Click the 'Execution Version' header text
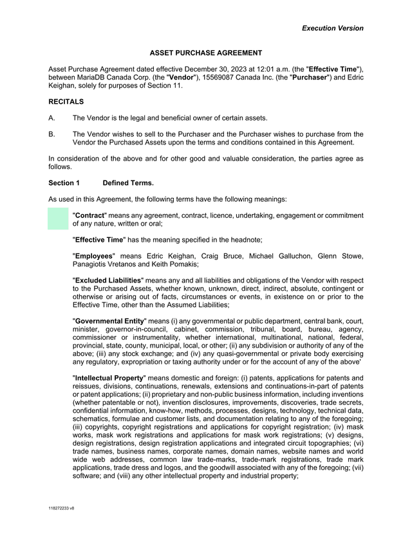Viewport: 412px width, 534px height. (333, 28)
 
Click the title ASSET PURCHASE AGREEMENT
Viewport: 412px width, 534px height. (206, 53)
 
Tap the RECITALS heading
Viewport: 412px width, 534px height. (66, 101)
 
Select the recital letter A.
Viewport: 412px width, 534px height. (51, 118)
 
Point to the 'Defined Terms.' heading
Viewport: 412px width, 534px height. (128, 183)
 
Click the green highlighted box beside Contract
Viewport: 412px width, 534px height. (58, 219)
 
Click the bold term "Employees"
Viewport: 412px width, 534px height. (93, 256)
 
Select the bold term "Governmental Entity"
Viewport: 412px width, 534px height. (109, 321)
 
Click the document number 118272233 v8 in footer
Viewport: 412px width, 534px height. (61, 509)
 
